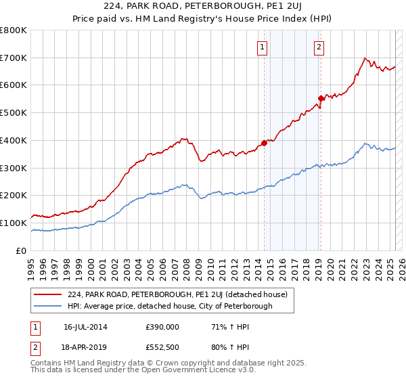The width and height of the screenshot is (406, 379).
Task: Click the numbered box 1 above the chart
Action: click(x=262, y=47)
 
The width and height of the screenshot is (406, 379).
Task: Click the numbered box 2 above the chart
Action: click(x=318, y=47)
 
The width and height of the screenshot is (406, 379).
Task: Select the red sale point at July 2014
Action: click(x=264, y=143)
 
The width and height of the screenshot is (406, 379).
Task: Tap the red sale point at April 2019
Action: click(x=321, y=98)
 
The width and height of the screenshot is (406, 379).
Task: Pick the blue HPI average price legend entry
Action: click(x=169, y=306)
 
